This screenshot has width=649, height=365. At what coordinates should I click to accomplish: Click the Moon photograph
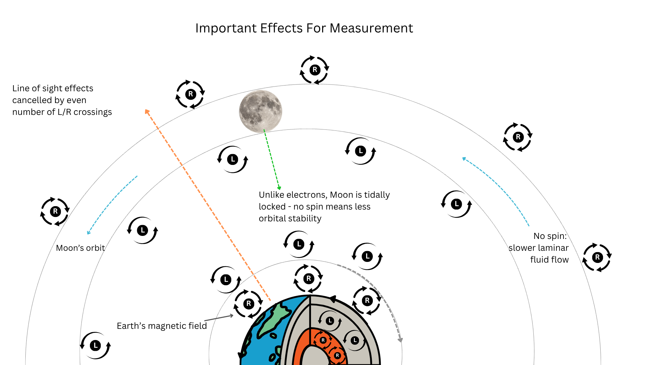(x=260, y=111)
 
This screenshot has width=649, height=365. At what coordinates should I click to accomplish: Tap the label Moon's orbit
(x=80, y=248)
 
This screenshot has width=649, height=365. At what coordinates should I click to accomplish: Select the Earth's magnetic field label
(x=162, y=326)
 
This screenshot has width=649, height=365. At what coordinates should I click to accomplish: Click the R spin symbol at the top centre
(x=315, y=70)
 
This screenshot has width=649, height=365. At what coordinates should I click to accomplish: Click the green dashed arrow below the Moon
(x=272, y=161)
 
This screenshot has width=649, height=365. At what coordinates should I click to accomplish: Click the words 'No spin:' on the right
(x=550, y=236)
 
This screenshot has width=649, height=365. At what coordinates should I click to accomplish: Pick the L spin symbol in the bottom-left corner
(x=95, y=345)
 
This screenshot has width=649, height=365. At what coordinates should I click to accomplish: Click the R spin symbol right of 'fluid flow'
(x=597, y=257)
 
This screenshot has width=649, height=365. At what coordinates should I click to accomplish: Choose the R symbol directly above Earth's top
(x=308, y=278)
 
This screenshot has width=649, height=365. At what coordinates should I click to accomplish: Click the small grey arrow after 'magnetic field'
(x=219, y=318)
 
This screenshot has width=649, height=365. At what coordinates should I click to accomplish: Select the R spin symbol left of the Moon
(x=190, y=94)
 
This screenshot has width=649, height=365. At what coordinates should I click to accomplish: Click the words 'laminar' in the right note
(x=555, y=248)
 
